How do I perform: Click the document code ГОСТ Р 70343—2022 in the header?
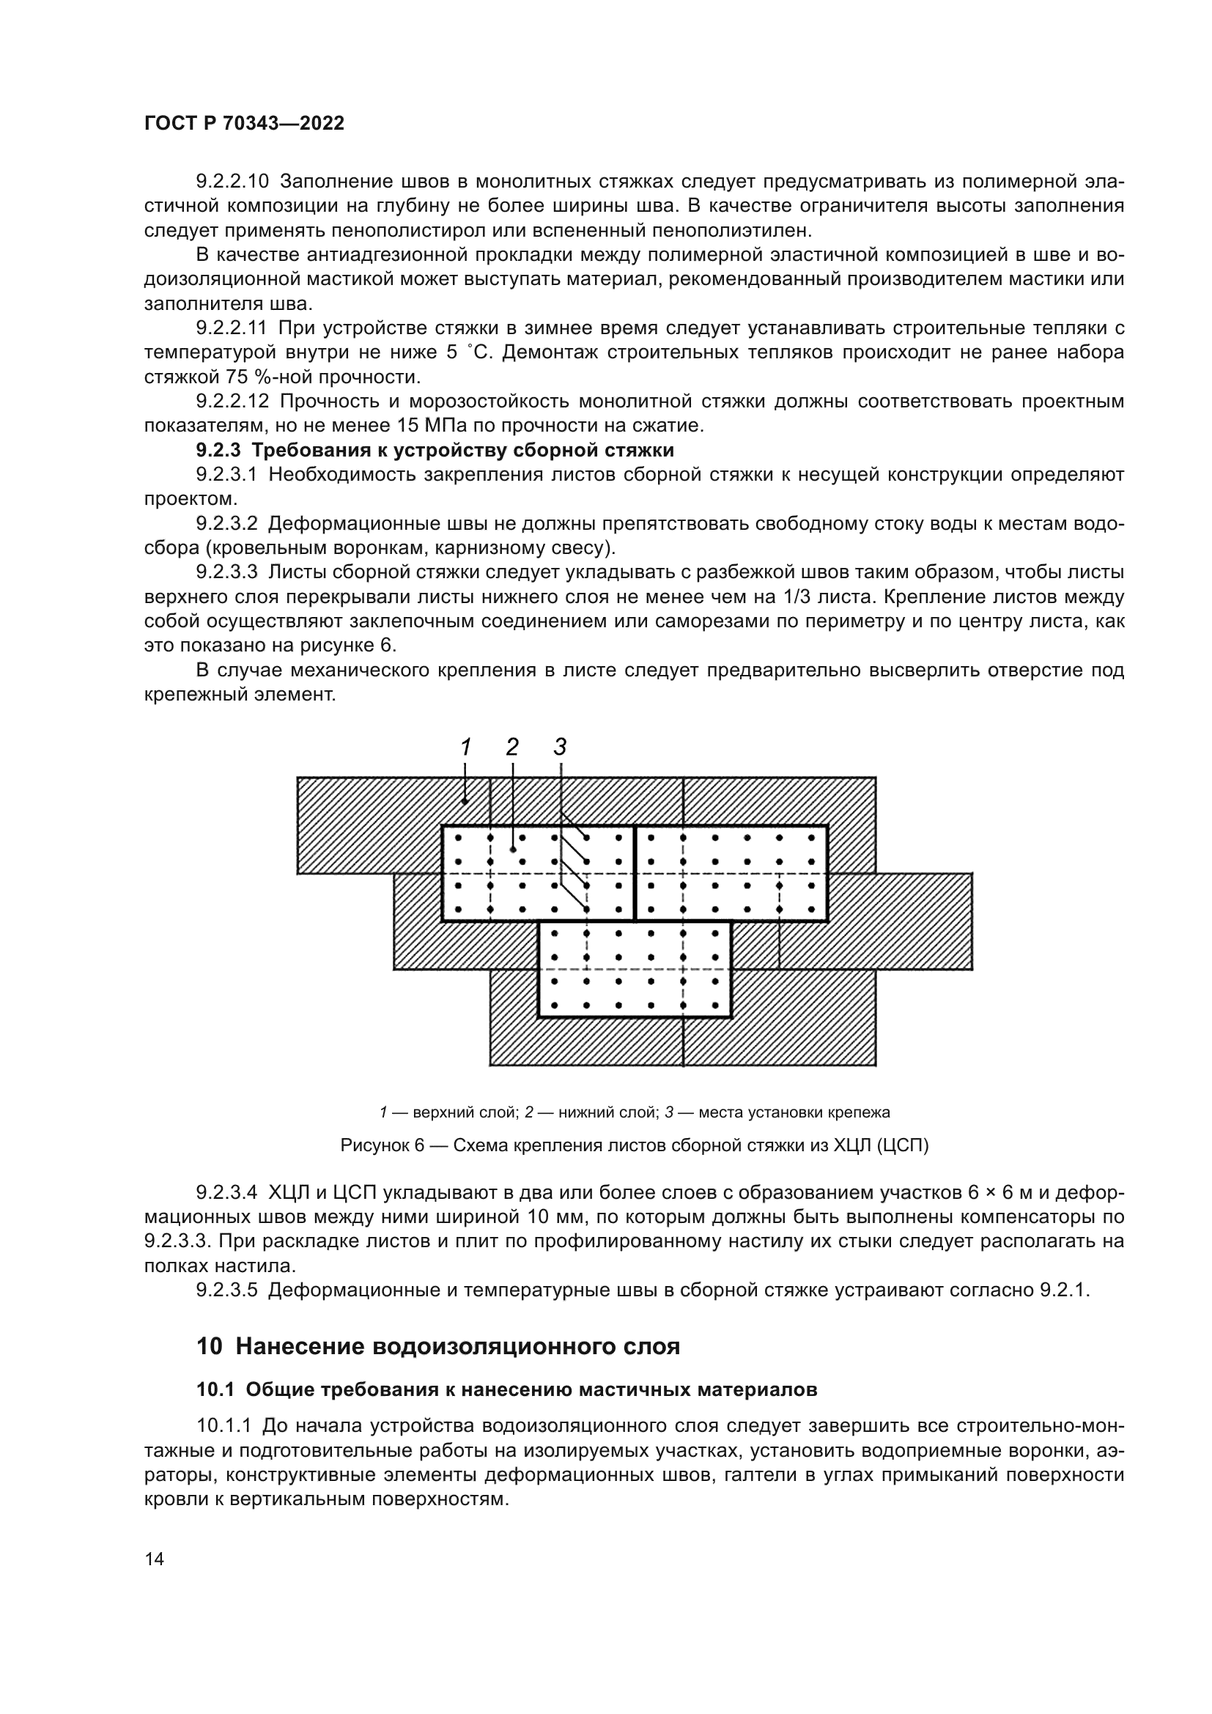244,124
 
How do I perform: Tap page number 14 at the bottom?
154,1559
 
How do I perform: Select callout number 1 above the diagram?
466,747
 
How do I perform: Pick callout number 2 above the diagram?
512,747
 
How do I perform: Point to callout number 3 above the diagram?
561,747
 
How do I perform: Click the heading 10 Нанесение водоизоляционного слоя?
438,1346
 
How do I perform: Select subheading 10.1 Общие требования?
507,1389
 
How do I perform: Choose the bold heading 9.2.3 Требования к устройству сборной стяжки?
435,450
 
